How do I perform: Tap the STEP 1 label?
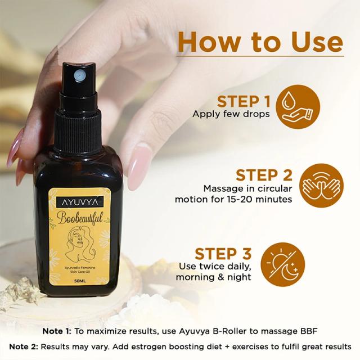tap(244, 101)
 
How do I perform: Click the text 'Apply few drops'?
tap(231, 114)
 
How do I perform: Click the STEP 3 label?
tap(223, 253)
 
